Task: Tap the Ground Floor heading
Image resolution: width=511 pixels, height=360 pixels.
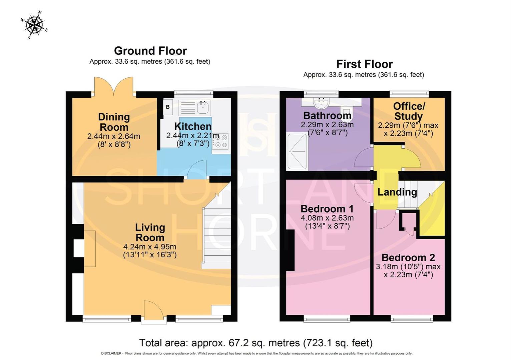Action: (150, 51)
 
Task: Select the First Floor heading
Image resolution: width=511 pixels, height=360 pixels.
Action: (364, 64)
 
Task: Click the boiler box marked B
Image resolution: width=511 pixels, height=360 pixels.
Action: (168, 107)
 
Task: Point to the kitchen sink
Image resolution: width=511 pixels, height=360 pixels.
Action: (203, 107)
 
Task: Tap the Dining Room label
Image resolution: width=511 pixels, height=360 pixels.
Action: (114, 122)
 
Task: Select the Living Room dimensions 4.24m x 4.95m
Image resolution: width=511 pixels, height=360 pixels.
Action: (150, 247)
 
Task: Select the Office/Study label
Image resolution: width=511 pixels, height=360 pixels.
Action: (409, 111)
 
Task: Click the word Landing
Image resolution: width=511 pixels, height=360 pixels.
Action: (397, 192)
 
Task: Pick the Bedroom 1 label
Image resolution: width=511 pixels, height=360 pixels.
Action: (327, 209)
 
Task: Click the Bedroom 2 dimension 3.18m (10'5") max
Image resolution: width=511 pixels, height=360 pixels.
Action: (408, 267)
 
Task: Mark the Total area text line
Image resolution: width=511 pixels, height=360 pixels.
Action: (255, 343)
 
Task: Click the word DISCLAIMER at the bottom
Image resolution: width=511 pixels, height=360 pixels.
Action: (112, 353)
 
